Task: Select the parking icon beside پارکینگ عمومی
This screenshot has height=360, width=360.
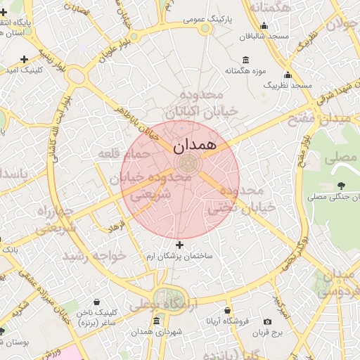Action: click(x=205, y=28)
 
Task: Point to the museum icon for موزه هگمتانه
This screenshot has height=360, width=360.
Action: click(x=245, y=60)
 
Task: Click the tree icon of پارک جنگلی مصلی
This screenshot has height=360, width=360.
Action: click(x=341, y=186)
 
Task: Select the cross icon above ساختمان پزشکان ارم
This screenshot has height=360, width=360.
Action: click(x=180, y=245)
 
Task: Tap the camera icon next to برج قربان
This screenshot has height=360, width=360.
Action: click(x=267, y=321)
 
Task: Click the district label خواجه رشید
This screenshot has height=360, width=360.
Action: click(x=94, y=255)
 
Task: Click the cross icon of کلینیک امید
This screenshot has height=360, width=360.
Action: click(x=25, y=59)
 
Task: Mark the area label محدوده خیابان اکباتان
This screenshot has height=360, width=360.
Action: click(x=193, y=103)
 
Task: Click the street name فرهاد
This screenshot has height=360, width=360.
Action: click(x=115, y=226)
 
